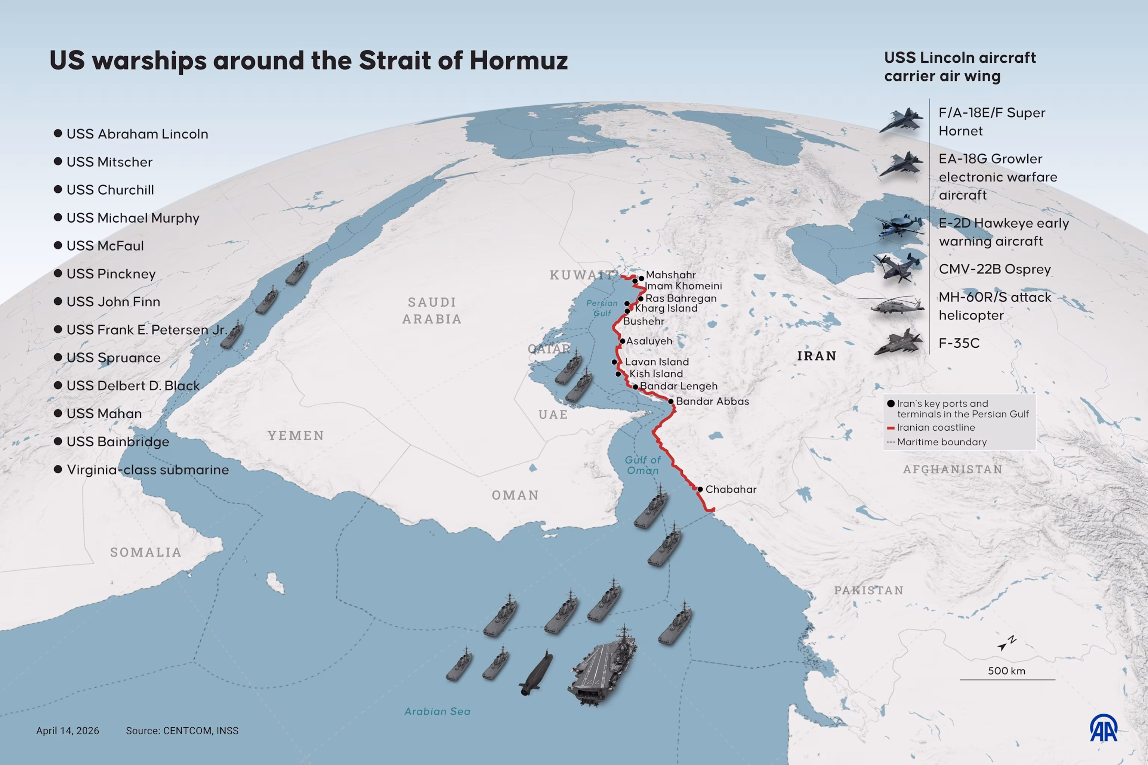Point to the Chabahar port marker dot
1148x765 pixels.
(700, 489)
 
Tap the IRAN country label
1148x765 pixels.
(817, 356)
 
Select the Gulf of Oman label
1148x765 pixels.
(642, 465)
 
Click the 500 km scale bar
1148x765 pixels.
(1007, 679)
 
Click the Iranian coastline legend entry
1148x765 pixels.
(935, 427)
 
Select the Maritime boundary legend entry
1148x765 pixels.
(941, 442)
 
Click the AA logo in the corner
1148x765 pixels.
(1104, 728)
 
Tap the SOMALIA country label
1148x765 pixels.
(145, 552)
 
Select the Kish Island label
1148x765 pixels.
(655, 374)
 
